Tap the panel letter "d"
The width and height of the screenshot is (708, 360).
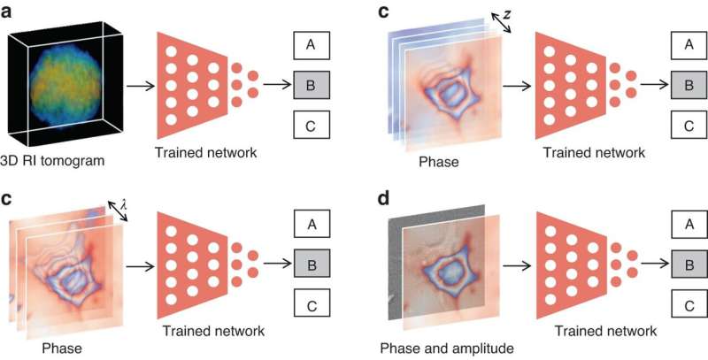383,195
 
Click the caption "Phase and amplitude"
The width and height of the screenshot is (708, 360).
436,347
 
